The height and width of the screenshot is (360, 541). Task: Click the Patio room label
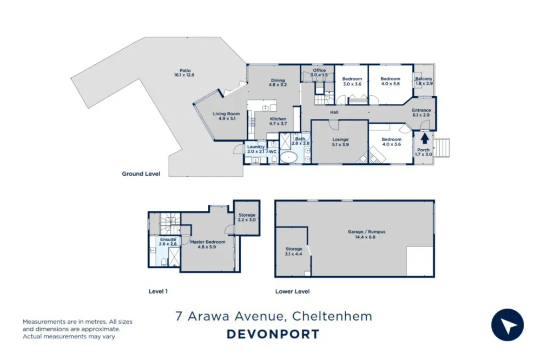[185, 71]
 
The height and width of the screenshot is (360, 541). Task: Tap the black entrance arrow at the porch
[425, 138]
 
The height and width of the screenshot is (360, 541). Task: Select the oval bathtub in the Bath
[288, 158]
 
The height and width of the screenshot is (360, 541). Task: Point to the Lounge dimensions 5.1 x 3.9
[340, 144]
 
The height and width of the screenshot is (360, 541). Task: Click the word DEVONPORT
[273, 334]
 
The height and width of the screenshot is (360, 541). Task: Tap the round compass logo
[507, 325]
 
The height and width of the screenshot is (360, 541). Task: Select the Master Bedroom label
[208, 242]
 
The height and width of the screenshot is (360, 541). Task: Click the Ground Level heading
[141, 174]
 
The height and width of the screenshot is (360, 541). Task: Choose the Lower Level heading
[292, 291]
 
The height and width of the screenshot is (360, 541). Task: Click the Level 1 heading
[158, 291]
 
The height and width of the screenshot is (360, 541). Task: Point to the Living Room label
[226, 114]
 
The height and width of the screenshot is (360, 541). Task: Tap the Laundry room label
[256, 147]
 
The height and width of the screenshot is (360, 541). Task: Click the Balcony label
[424, 78]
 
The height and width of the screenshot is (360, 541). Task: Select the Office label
[319, 70]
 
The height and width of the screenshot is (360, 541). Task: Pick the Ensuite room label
[168, 239]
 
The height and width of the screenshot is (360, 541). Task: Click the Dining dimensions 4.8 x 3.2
[278, 85]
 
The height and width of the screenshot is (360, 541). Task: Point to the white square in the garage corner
[420, 262]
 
